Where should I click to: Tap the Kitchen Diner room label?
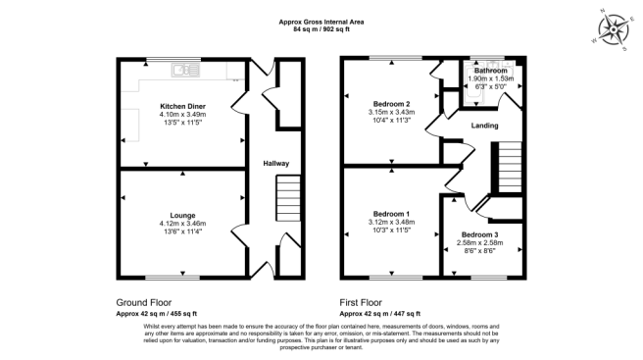(182, 106)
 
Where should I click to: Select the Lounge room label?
(182, 215)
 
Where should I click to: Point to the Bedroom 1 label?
(391, 214)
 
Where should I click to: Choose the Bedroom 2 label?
(391, 104)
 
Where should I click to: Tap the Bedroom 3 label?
(479, 235)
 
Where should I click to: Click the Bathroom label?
(490, 71)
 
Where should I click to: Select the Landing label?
(484, 126)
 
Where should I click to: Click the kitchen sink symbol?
(183, 70)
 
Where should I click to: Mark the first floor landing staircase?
(507, 168)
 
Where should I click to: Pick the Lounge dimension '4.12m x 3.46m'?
(182, 223)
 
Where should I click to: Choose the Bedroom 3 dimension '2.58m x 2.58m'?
(479, 243)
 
